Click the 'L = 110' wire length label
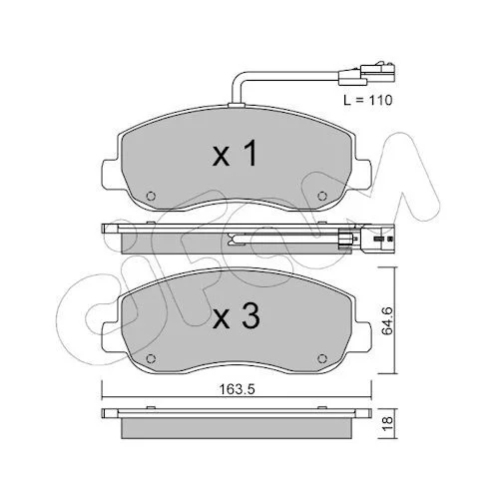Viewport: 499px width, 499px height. [368, 100]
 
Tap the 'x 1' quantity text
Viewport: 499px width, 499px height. [235, 154]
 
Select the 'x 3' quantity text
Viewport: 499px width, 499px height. [236, 317]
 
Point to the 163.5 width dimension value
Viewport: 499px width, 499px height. [237, 389]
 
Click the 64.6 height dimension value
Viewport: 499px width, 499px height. [387, 320]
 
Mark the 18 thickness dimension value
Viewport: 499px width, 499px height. [387, 424]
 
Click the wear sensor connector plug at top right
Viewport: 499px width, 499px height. [366, 75]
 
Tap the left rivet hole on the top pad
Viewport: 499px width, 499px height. [151, 196]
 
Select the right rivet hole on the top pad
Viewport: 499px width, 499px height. [321, 196]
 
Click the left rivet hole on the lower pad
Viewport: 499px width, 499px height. [151, 358]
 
